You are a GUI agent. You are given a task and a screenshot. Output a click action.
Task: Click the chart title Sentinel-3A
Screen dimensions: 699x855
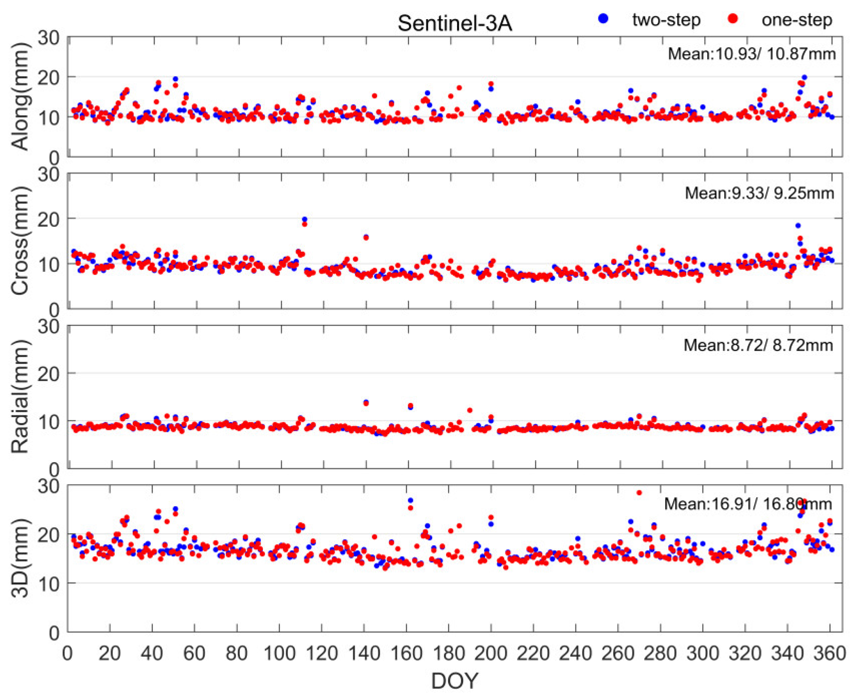[455, 23]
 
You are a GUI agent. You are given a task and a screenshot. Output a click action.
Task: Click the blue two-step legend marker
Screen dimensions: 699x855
[603, 18]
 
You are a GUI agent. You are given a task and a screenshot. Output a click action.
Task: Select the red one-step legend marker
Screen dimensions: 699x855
[733, 18]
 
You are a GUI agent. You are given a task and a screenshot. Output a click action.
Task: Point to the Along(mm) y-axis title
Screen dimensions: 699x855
[20, 97]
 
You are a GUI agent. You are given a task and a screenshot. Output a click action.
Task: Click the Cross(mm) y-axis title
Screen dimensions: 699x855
[20, 241]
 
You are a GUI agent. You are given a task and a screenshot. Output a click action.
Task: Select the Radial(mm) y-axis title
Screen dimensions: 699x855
[20, 397]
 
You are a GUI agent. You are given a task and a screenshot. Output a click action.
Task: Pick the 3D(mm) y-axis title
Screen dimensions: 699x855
[20, 557]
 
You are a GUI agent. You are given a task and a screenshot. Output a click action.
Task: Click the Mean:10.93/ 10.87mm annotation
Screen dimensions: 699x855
[751, 54]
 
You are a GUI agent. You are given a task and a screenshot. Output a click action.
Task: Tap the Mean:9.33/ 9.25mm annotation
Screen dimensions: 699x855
[759, 193]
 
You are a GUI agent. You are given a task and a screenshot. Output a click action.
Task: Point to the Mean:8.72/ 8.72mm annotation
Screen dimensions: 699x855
[758, 346]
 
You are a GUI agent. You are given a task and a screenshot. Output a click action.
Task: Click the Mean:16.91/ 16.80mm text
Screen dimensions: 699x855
[748, 504]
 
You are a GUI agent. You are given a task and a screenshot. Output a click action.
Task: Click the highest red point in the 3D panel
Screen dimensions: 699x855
[639, 493]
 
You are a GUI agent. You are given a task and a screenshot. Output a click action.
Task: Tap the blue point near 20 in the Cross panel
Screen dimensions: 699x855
[305, 219]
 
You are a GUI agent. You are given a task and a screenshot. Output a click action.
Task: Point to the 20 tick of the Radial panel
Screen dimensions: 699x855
[48, 374]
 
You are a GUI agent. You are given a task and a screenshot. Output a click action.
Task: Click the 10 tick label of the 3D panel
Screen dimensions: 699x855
[48, 583]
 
